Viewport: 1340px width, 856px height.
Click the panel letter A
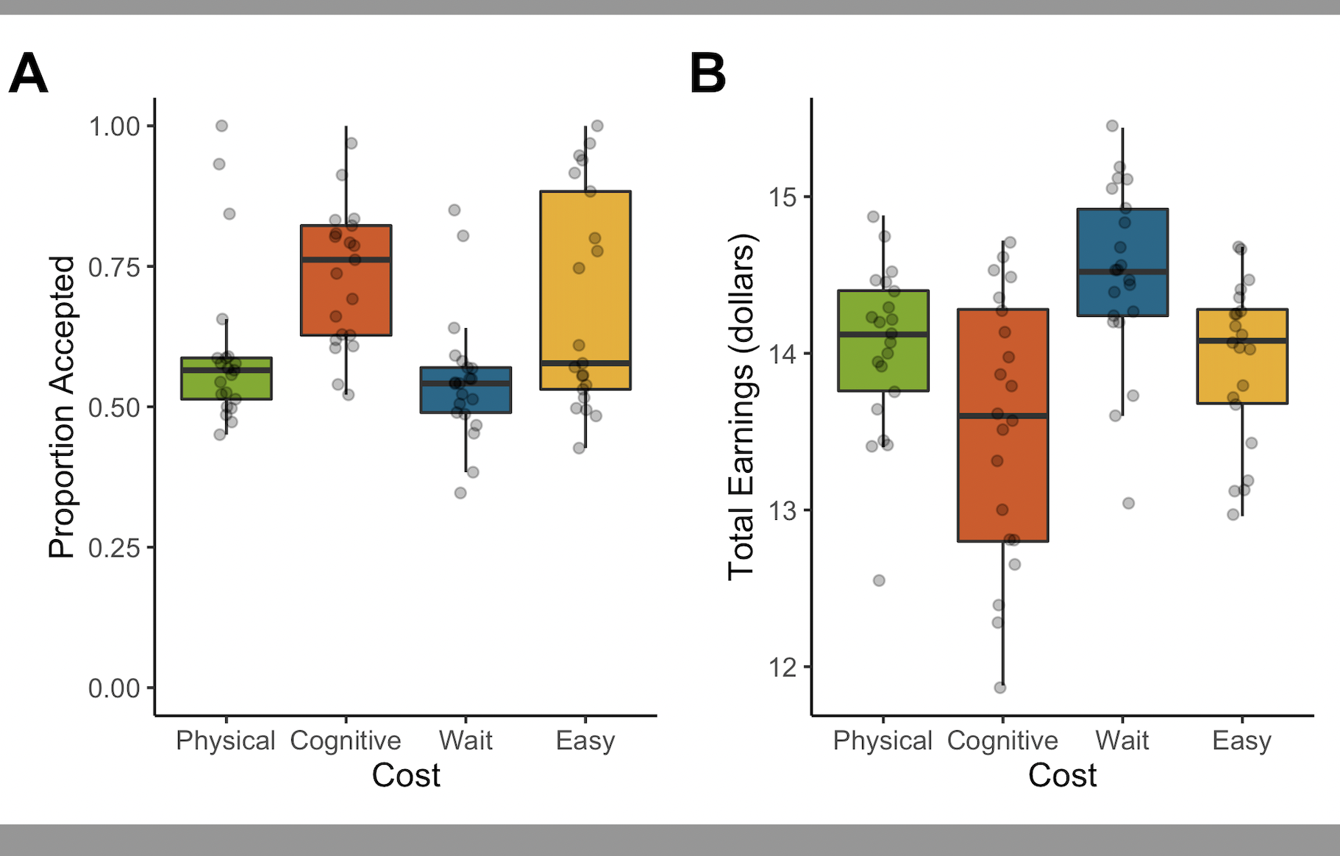point(29,73)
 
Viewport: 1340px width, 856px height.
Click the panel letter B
point(708,73)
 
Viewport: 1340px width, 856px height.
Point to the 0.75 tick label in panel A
point(114,267)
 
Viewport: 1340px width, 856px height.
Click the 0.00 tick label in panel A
point(114,688)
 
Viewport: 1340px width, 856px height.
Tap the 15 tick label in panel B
point(783,197)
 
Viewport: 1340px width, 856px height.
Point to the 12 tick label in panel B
point(783,667)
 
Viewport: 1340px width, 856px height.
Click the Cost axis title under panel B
point(1062,775)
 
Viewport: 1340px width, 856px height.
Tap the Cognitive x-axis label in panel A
point(346,740)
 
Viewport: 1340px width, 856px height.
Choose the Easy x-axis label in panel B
point(1241,740)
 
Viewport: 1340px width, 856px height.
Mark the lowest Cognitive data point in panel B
point(1000,688)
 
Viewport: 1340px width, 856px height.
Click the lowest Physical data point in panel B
point(879,580)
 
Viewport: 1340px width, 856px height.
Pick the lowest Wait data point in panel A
point(460,493)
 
